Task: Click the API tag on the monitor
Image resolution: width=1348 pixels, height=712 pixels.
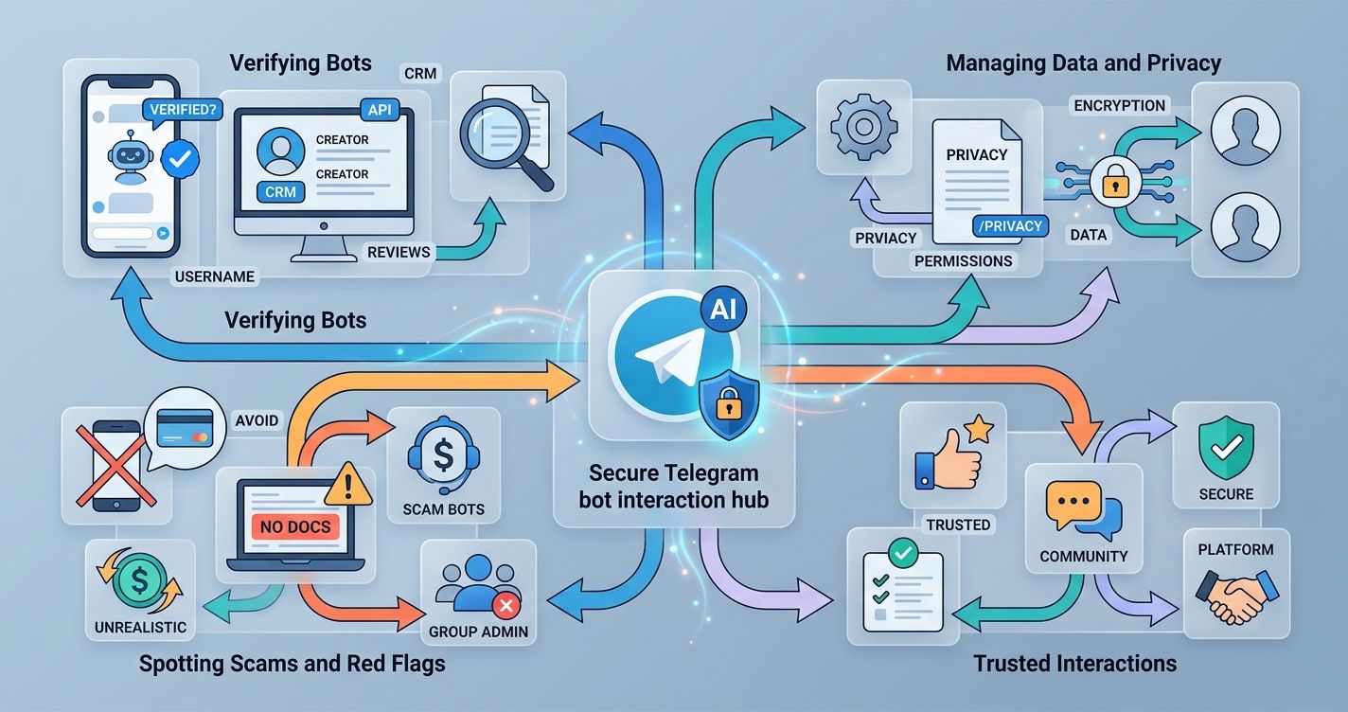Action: pyautogui.click(x=379, y=111)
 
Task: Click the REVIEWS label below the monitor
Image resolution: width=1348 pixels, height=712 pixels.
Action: pyautogui.click(x=399, y=252)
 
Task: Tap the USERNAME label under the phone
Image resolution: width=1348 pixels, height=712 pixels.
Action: pyautogui.click(x=214, y=276)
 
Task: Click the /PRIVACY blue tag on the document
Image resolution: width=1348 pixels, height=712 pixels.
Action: pyautogui.click(x=1011, y=226)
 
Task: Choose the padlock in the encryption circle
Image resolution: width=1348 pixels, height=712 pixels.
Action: pyautogui.click(x=1110, y=180)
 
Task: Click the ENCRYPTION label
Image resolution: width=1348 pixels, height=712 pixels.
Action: pyautogui.click(x=1120, y=105)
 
